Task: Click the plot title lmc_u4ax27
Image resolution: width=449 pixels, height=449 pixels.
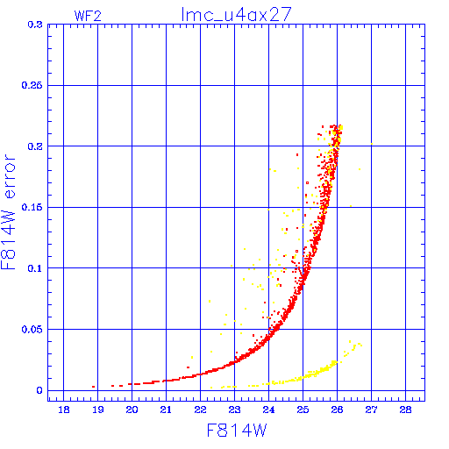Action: point(236,14)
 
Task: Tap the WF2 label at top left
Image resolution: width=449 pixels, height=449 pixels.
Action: point(88,16)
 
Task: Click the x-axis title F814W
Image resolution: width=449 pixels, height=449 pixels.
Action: point(237,431)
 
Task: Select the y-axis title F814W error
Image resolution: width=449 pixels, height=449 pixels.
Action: point(8,211)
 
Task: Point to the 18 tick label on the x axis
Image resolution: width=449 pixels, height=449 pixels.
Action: point(64,410)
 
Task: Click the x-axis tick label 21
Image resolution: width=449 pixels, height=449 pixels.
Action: point(166,410)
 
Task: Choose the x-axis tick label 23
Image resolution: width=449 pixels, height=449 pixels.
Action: point(234,410)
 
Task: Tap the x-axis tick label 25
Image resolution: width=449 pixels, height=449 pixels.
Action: point(303,410)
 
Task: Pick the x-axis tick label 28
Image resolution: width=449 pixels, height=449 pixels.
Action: point(405,410)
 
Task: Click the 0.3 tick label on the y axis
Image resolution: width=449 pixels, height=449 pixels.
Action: point(35,25)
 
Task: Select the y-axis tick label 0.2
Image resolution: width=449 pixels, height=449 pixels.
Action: point(35,146)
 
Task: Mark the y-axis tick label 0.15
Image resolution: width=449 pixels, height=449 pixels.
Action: point(32,207)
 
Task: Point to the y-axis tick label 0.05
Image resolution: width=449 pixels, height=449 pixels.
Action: point(32,330)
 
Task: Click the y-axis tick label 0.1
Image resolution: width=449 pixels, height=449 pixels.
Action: point(35,268)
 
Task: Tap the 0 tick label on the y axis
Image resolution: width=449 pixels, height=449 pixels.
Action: point(39,390)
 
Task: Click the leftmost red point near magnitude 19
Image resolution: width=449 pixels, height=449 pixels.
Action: point(93,387)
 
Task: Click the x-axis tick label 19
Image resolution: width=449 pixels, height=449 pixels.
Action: point(98,410)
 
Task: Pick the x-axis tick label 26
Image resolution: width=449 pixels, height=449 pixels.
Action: point(337,410)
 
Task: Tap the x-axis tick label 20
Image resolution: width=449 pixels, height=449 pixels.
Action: point(132,410)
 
